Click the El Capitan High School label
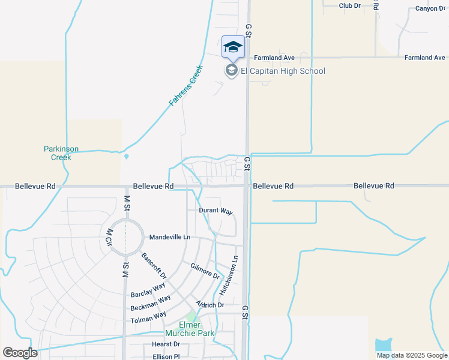[283, 71]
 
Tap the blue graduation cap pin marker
[233, 47]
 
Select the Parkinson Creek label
[61, 153]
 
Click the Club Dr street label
[349, 5]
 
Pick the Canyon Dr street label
[431, 9]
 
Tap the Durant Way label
[215, 211]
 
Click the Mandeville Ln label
[169, 237]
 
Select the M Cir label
[109, 235]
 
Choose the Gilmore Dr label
[205, 271]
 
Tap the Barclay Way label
[148, 290]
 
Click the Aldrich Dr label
[209, 305]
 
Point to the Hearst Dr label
[165, 344]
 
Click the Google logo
[20, 353]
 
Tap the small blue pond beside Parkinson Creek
[126, 157]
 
